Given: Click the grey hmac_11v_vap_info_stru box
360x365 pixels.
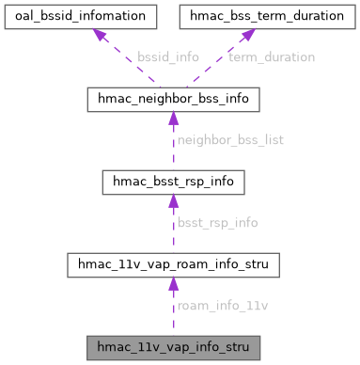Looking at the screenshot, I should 172,348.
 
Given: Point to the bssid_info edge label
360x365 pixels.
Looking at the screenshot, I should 167,57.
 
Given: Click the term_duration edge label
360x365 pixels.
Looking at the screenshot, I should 271,57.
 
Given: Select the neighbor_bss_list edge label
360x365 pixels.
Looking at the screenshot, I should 229,139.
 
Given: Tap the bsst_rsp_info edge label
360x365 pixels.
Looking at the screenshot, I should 217,223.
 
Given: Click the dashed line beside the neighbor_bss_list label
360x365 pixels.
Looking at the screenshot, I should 172,146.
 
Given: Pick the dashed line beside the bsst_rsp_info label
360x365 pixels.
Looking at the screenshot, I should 172,230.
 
